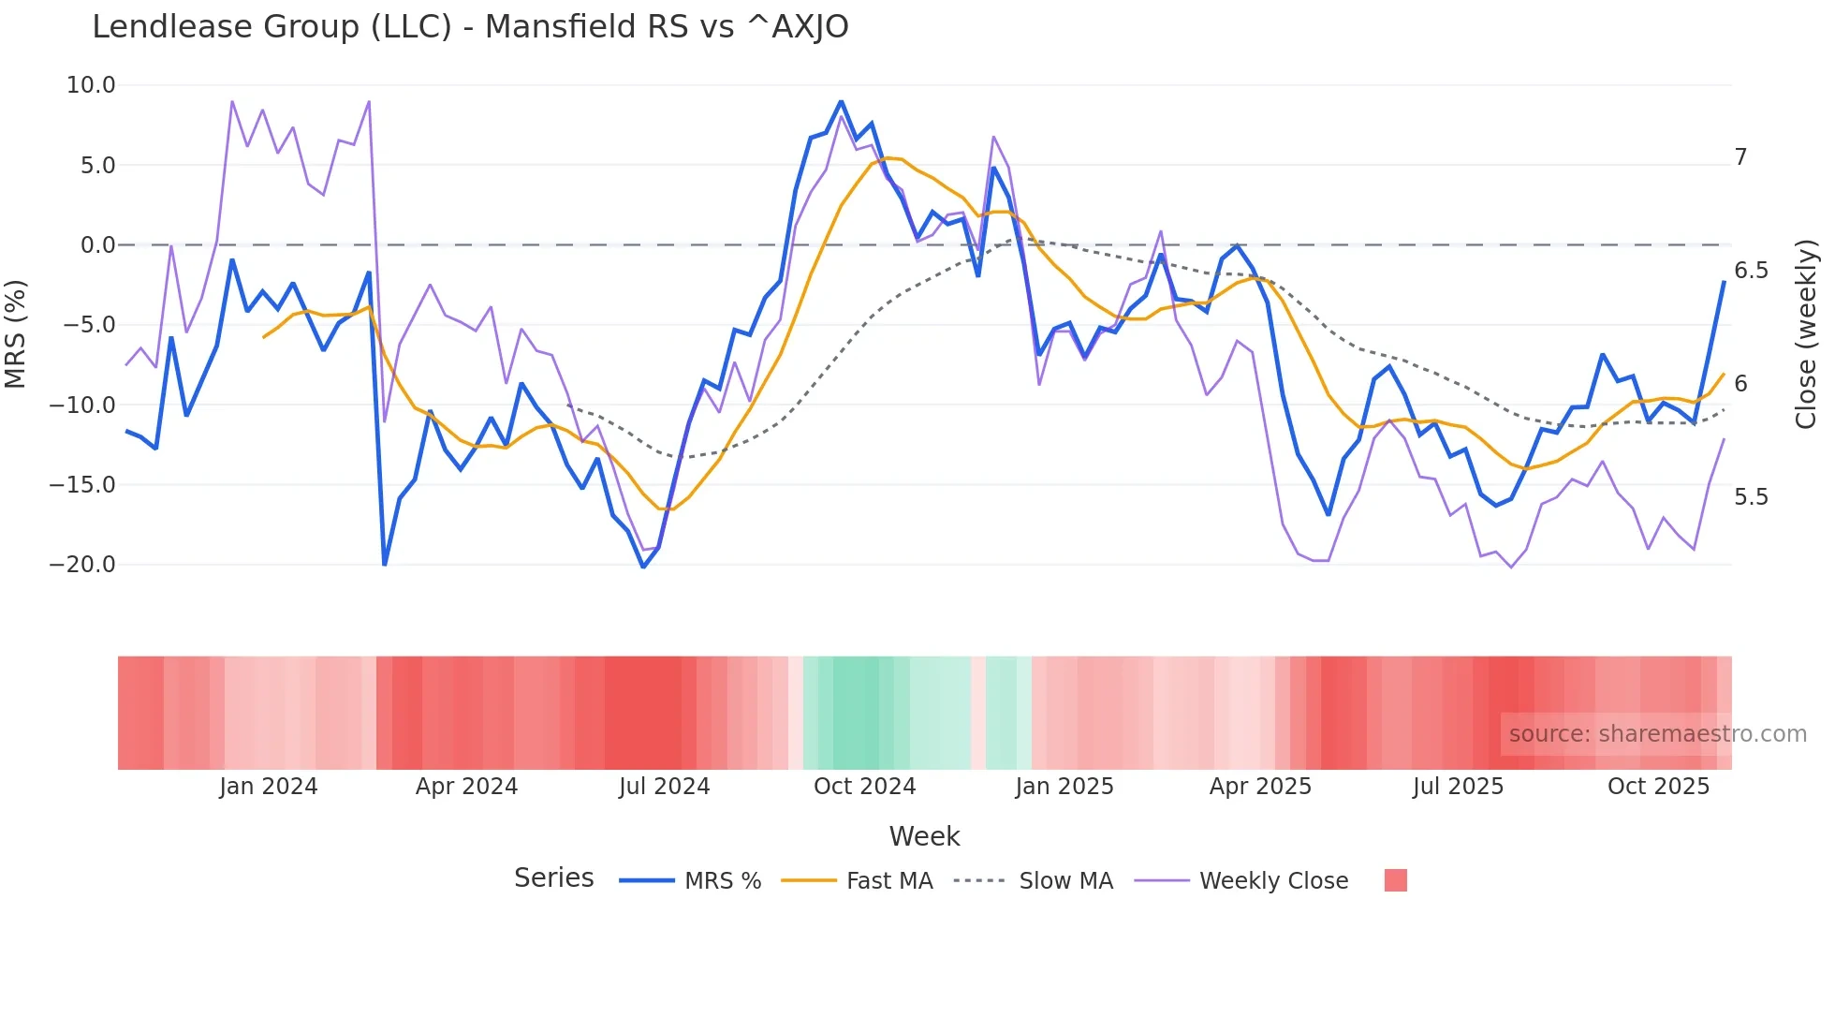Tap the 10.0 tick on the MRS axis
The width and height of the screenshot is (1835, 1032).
click(x=91, y=85)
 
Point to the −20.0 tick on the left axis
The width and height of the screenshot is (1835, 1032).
click(x=82, y=565)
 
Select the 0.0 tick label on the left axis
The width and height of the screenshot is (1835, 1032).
click(x=97, y=245)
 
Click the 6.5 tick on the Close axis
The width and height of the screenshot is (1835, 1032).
click(x=1751, y=271)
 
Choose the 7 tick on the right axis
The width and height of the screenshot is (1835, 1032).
click(x=1740, y=157)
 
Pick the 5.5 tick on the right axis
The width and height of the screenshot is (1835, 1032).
click(x=1751, y=497)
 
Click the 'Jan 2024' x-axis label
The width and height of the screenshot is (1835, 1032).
click(x=269, y=787)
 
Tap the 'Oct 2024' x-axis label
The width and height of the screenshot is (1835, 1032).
click(x=864, y=787)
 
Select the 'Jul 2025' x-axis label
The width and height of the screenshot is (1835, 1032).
click(x=1458, y=787)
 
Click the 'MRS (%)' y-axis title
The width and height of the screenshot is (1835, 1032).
click(x=16, y=333)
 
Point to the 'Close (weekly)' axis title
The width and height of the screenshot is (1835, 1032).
click(x=1806, y=333)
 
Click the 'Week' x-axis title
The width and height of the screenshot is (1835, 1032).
click(x=924, y=836)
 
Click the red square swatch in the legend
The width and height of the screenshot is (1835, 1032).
click(x=1395, y=880)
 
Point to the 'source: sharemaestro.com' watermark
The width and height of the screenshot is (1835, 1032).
click(x=1657, y=734)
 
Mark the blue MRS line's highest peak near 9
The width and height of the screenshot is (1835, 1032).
click(x=841, y=101)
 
